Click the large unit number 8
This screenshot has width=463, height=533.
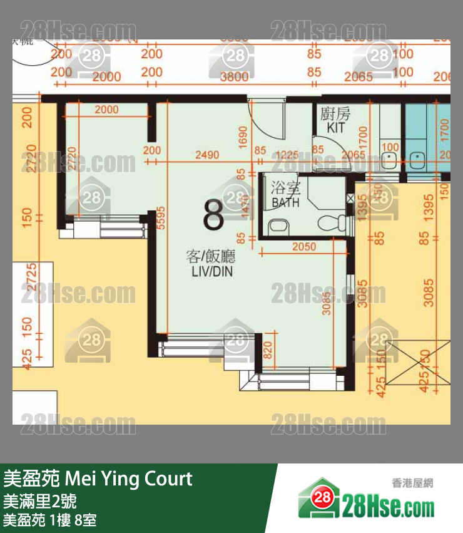(x=213, y=215)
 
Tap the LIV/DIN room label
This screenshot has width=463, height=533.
(x=205, y=264)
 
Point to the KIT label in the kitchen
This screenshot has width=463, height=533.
(x=335, y=127)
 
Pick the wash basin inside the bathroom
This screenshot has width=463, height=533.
(x=277, y=225)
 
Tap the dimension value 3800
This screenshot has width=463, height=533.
(x=235, y=77)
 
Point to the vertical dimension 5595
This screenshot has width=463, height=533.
(x=161, y=219)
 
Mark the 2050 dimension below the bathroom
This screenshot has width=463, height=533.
(x=304, y=247)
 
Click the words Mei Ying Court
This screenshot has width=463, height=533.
(x=129, y=479)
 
